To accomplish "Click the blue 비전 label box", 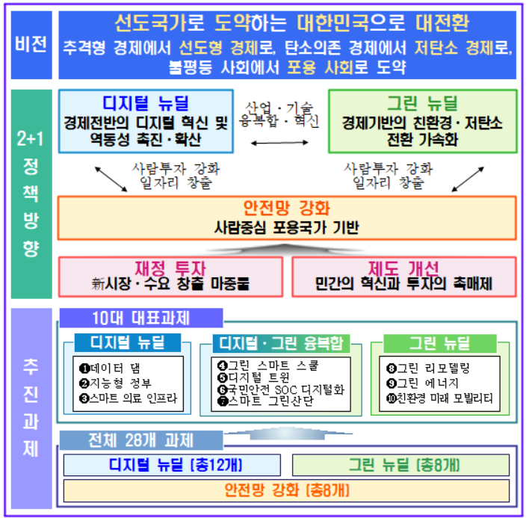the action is click(31, 45).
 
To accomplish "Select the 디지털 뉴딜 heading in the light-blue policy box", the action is click(146, 103).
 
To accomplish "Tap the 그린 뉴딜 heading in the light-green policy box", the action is click(422, 103).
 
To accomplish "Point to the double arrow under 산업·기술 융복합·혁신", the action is click(279, 143).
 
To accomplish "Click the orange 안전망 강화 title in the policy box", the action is click(286, 208).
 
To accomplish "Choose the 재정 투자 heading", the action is click(170, 268).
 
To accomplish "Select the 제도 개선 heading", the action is click(403, 268).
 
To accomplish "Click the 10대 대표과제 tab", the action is click(141, 318).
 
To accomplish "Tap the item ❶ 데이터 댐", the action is click(110, 369).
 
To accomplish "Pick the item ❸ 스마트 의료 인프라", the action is click(129, 398).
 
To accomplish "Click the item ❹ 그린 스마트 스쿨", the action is click(268, 366).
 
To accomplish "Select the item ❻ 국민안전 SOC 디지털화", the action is click(281, 389).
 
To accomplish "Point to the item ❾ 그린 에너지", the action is click(422, 383).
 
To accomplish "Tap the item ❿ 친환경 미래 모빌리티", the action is click(439, 398).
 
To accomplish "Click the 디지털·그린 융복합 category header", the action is click(281, 343).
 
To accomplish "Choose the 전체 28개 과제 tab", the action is click(141, 440).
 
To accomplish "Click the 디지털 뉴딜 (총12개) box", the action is click(172, 465).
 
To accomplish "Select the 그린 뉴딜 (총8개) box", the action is click(400, 465).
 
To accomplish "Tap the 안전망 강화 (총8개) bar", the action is click(286, 490).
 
